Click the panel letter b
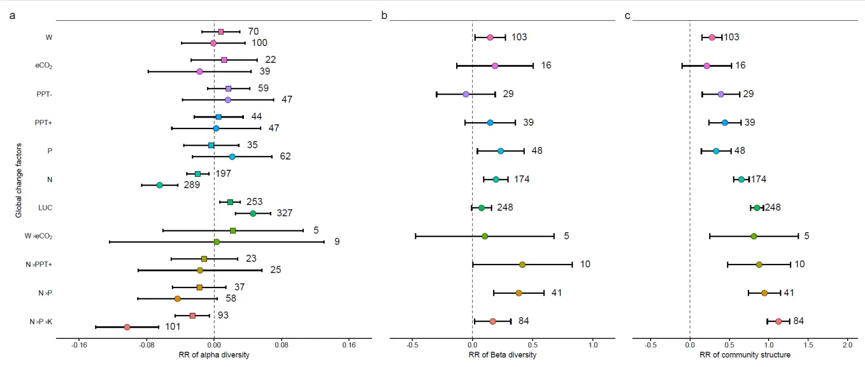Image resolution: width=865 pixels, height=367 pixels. coord(385,16)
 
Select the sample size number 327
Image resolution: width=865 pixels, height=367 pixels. coord(284,213)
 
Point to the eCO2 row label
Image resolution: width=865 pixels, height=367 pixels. coord(44,66)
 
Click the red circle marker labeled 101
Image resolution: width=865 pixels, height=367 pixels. coord(127,327)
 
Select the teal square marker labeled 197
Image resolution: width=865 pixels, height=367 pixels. coord(198,173)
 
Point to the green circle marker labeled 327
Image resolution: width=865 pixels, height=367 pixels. coord(253,213)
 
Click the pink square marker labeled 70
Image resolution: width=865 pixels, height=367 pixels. coord(221,32)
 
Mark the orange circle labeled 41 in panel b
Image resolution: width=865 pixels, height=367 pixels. coord(518,293)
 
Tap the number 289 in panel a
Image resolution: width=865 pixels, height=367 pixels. coord(192,185)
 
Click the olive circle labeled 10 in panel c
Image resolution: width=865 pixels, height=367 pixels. coord(759,264)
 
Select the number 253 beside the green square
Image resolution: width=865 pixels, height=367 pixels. coord(254,202)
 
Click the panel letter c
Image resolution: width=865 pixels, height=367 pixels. coord(627,16)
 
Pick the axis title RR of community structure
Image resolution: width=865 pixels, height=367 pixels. coord(745,355)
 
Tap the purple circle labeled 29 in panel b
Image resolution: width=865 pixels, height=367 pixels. coord(466,94)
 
